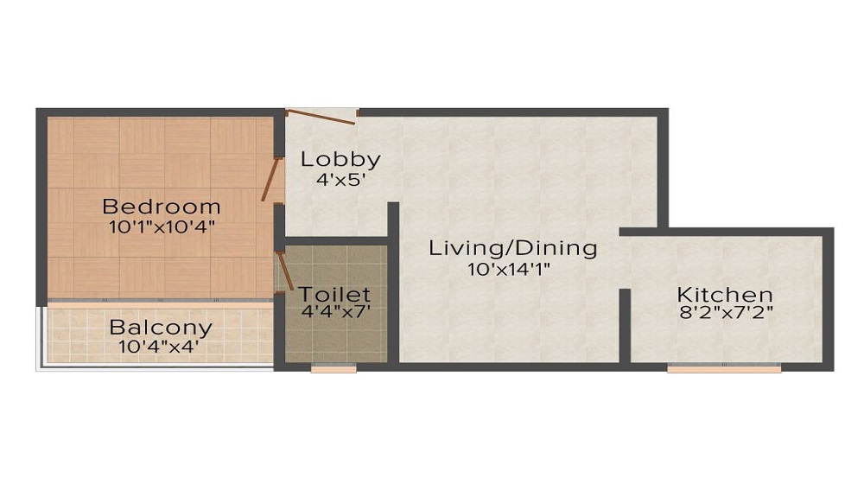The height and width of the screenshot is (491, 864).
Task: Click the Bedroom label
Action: [x=162, y=207]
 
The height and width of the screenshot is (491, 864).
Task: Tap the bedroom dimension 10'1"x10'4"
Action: [x=162, y=227]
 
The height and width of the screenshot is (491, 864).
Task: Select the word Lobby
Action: [x=340, y=160]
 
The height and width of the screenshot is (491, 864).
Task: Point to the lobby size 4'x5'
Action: [x=340, y=180]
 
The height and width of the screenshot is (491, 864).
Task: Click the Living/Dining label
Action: [x=513, y=249]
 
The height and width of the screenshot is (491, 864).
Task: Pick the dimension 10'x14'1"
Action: [x=509, y=270]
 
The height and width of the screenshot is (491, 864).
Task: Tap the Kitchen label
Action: [x=725, y=294]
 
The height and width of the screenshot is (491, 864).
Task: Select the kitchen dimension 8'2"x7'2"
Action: [x=727, y=313]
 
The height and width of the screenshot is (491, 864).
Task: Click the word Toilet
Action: [x=334, y=294]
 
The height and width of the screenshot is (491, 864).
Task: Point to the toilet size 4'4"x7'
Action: [x=335, y=311]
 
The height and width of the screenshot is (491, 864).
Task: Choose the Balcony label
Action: [x=161, y=328]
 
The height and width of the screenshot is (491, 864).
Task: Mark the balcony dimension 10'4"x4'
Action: [x=159, y=347]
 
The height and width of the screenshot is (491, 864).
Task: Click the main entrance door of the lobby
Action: [x=321, y=117]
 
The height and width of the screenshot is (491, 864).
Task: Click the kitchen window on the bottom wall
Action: [x=724, y=367]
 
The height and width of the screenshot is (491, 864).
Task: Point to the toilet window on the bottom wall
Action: [x=334, y=367]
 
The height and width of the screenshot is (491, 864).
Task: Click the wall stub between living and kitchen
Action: [x=625, y=326]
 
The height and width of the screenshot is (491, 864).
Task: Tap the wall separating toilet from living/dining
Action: [x=393, y=282]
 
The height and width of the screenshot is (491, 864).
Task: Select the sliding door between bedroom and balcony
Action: [x=160, y=300]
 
